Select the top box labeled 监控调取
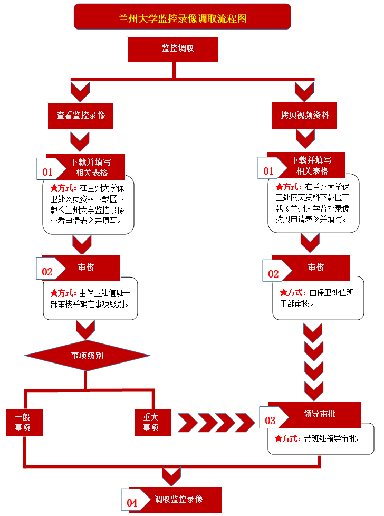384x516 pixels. pyautogui.click(x=172, y=49)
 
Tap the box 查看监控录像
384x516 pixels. pyautogui.click(x=81, y=116)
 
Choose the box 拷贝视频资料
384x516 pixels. pyautogui.click(x=305, y=116)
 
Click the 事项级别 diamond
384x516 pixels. pyautogui.click(x=87, y=356)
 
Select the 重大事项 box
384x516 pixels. pyautogui.click(x=152, y=422)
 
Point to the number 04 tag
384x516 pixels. pyautogui.click(x=132, y=503)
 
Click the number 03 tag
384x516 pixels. pyautogui.click(x=270, y=421)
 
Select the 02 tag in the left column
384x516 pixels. pyautogui.click(x=47, y=272)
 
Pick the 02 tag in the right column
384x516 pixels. pyautogui.click(x=273, y=274)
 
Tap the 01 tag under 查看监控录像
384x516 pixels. pyautogui.click(x=47, y=172)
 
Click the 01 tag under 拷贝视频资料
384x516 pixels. pyautogui.click(x=268, y=171)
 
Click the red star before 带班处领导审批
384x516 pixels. pyautogui.click(x=279, y=438)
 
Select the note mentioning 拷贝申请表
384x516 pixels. pyautogui.click(x=314, y=203)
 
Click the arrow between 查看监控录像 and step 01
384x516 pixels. pyautogui.click(x=80, y=141)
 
